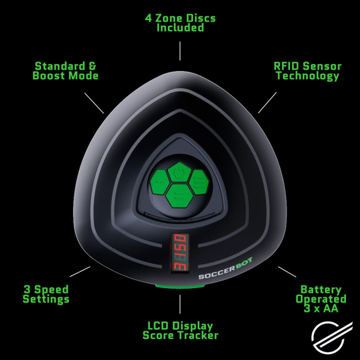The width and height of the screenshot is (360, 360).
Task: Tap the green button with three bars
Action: (x=199, y=182)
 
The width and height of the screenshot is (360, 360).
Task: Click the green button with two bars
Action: (x=179, y=195)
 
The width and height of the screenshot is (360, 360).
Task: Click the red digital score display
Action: (x=180, y=253)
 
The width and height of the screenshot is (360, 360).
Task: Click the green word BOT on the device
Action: (x=244, y=264)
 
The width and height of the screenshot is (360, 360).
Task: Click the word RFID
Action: (x=287, y=66)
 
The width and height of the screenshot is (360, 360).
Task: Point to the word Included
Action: (x=180, y=27)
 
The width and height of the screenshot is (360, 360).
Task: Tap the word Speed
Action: (x=51, y=290)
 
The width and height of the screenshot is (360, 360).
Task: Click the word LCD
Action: (x=157, y=326)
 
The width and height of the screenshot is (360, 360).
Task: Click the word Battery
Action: (x=321, y=290)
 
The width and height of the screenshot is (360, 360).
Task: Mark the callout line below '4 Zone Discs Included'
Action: (x=180, y=51)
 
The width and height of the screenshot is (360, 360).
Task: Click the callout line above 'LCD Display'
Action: (x=180, y=304)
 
